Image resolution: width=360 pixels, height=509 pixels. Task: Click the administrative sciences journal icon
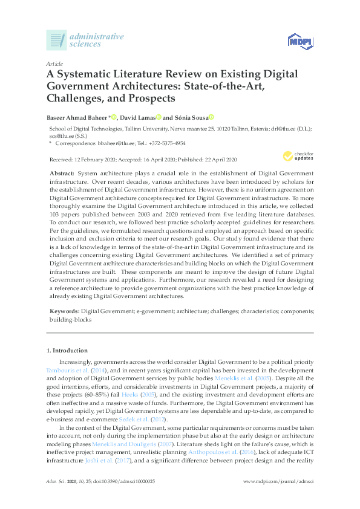click(57, 41)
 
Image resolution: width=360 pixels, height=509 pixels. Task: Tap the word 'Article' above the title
click(54, 63)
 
